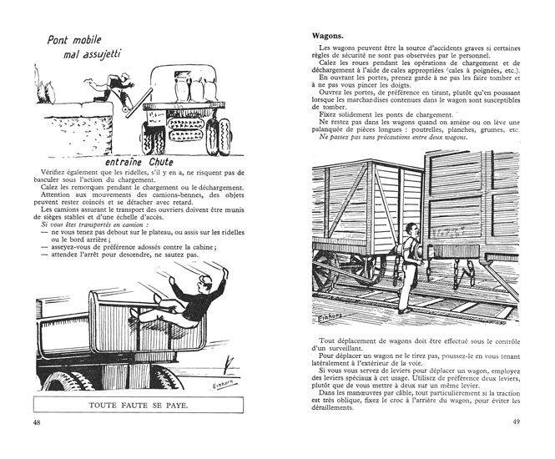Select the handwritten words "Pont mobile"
click(x=78, y=40)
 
